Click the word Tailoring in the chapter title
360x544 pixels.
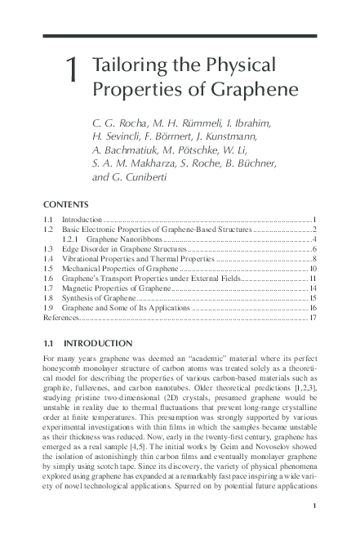130,65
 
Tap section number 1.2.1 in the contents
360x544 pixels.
73,240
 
